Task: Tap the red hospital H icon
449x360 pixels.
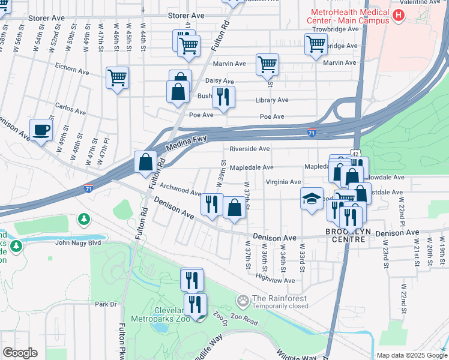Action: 397,15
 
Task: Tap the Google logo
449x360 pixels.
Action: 20,353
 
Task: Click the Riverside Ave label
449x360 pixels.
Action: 249,148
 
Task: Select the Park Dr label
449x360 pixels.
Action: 105,304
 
